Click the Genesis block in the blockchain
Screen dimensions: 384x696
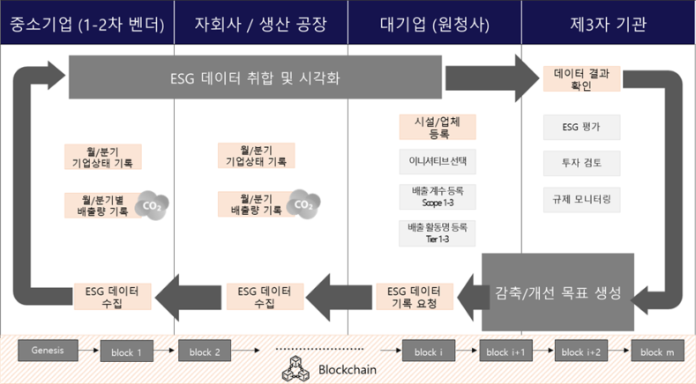coord(48,349)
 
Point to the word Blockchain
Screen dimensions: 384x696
coord(340,371)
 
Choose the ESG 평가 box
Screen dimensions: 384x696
coord(581,127)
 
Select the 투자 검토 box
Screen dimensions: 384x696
coord(581,163)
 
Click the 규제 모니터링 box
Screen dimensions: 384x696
coord(581,200)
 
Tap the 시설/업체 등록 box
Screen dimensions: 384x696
coord(438,127)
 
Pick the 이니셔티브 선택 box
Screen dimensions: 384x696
coord(438,162)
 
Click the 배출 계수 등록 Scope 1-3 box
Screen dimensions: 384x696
coord(438,196)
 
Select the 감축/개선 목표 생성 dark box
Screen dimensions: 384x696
coord(558,293)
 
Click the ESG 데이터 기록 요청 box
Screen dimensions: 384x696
coord(414,296)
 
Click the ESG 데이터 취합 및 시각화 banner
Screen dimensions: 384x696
coord(255,78)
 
